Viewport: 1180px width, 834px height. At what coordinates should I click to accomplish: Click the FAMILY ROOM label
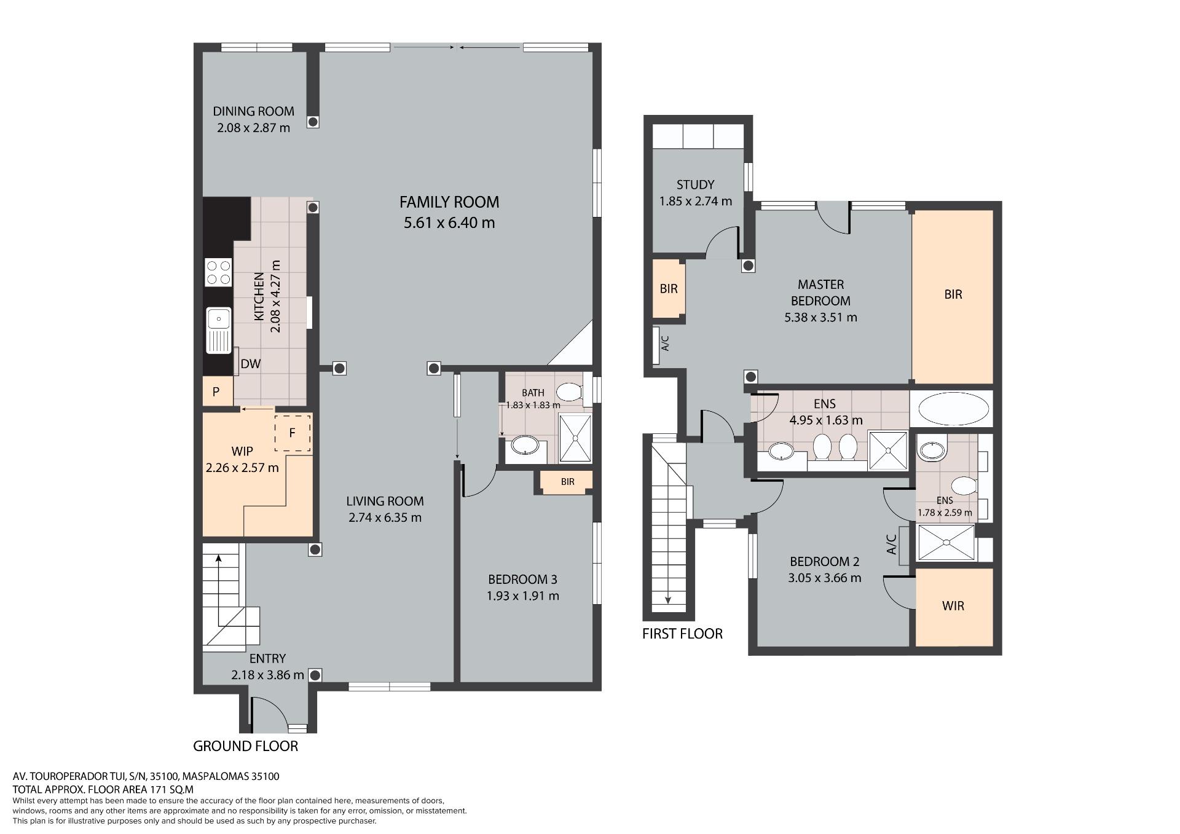449,202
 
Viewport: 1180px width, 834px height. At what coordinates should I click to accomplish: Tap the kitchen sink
218,331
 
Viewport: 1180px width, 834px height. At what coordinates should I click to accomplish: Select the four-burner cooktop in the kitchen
218,272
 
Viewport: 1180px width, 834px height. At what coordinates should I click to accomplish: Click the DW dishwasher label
250,364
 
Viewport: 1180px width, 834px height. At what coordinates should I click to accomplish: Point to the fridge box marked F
293,433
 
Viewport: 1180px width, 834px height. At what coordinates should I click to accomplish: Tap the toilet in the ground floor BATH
570,392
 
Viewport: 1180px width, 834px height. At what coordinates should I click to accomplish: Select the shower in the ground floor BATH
575,438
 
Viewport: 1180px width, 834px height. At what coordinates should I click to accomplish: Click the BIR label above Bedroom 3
567,482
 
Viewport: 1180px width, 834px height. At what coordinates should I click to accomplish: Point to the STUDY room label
695,184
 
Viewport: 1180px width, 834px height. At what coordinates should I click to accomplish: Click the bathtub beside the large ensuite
953,409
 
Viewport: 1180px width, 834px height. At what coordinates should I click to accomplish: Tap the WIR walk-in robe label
953,606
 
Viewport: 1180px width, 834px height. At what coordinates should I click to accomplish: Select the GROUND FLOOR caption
245,746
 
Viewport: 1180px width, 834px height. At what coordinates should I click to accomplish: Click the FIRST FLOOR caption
682,634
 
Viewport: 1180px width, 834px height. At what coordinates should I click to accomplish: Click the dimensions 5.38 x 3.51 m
820,318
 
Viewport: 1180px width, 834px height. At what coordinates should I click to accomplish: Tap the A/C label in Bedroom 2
892,544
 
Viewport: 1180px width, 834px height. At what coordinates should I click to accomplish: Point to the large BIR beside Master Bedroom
953,297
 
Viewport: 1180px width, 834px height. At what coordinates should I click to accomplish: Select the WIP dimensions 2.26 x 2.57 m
242,468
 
